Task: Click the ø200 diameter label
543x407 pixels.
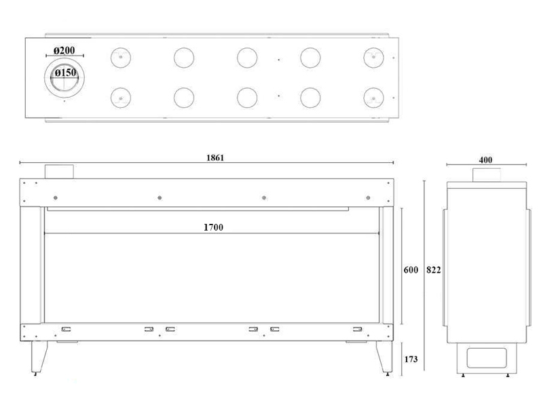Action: point(64,50)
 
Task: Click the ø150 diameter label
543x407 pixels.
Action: point(65,73)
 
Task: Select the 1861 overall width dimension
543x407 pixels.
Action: point(215,158)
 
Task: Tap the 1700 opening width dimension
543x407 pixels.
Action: point(213,227)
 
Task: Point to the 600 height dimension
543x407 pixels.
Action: point(411,269)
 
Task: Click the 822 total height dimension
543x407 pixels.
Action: point(434,269)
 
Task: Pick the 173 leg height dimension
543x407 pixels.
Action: point(411,360)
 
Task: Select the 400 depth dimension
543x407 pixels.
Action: point(485,160)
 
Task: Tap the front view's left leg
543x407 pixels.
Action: point(39,357)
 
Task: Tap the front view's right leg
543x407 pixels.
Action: point(384,357)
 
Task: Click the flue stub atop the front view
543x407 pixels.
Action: point(59,172)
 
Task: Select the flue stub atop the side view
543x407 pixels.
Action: point(487,175)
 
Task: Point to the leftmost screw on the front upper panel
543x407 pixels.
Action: point(56,197)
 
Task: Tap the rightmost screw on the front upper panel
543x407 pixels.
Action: point(368,197)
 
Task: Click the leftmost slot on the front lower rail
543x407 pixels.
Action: point(66,329)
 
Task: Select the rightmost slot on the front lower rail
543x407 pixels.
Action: point(358,329)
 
